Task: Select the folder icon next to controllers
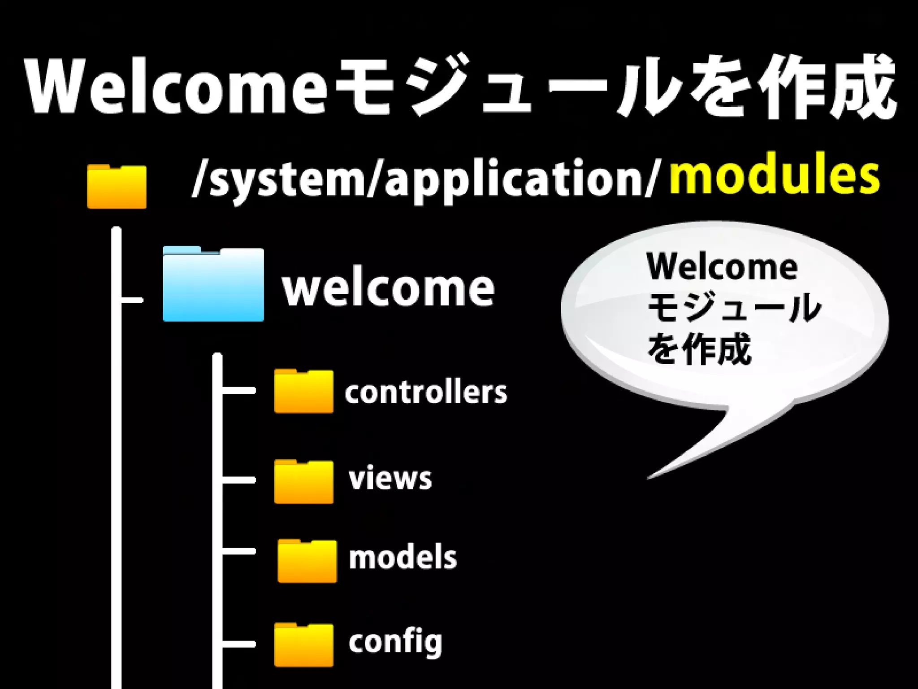303,392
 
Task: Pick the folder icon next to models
307,561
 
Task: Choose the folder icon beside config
303,645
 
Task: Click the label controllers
425,392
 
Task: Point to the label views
390,478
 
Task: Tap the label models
403,558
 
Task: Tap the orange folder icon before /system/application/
117,187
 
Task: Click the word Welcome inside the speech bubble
722,267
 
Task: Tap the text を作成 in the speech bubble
699,349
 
